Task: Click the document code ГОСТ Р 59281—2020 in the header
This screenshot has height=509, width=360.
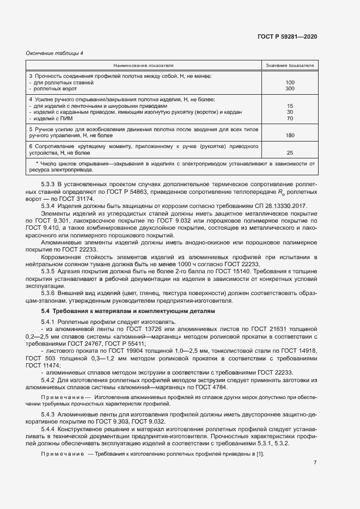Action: click(x=287, y=36)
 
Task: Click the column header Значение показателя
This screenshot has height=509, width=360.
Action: click(x=290, y=65)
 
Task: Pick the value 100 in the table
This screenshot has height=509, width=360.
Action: click(x=290, y=82)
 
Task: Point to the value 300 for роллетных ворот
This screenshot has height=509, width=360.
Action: click(x=290, y=88)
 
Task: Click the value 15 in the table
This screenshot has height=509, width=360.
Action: click(x=290, y=106)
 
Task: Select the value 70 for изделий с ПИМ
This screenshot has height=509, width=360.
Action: click(x=290, y=118)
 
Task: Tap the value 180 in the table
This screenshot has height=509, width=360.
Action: click(x=290, y=135)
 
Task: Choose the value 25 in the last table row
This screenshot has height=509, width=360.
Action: click(x=290, y=152)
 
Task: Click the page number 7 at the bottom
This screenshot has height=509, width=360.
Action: click(x=315, y=463)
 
